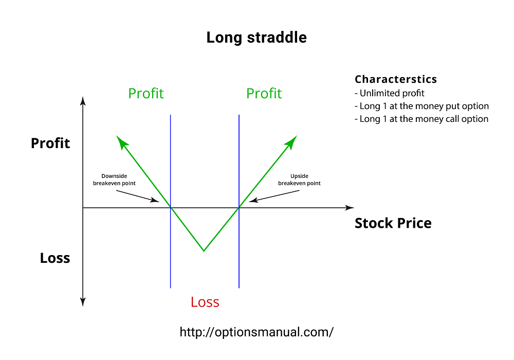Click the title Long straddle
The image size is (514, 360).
256,38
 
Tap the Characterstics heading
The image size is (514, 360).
396,80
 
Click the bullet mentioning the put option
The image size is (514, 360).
421,106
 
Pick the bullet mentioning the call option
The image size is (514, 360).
421,119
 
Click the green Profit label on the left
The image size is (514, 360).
146,94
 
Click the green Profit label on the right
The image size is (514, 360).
264,94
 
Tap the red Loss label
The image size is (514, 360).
205,302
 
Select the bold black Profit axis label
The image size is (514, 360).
50,143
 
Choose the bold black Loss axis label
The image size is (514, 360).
55,258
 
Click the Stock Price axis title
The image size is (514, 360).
393,223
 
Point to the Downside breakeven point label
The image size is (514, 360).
114,179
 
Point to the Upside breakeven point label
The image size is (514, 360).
299,179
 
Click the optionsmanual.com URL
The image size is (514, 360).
256,332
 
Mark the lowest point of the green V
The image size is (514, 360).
204,251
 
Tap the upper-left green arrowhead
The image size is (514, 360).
121,141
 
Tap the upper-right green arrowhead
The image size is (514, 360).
292,141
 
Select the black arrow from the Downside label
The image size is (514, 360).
138,196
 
